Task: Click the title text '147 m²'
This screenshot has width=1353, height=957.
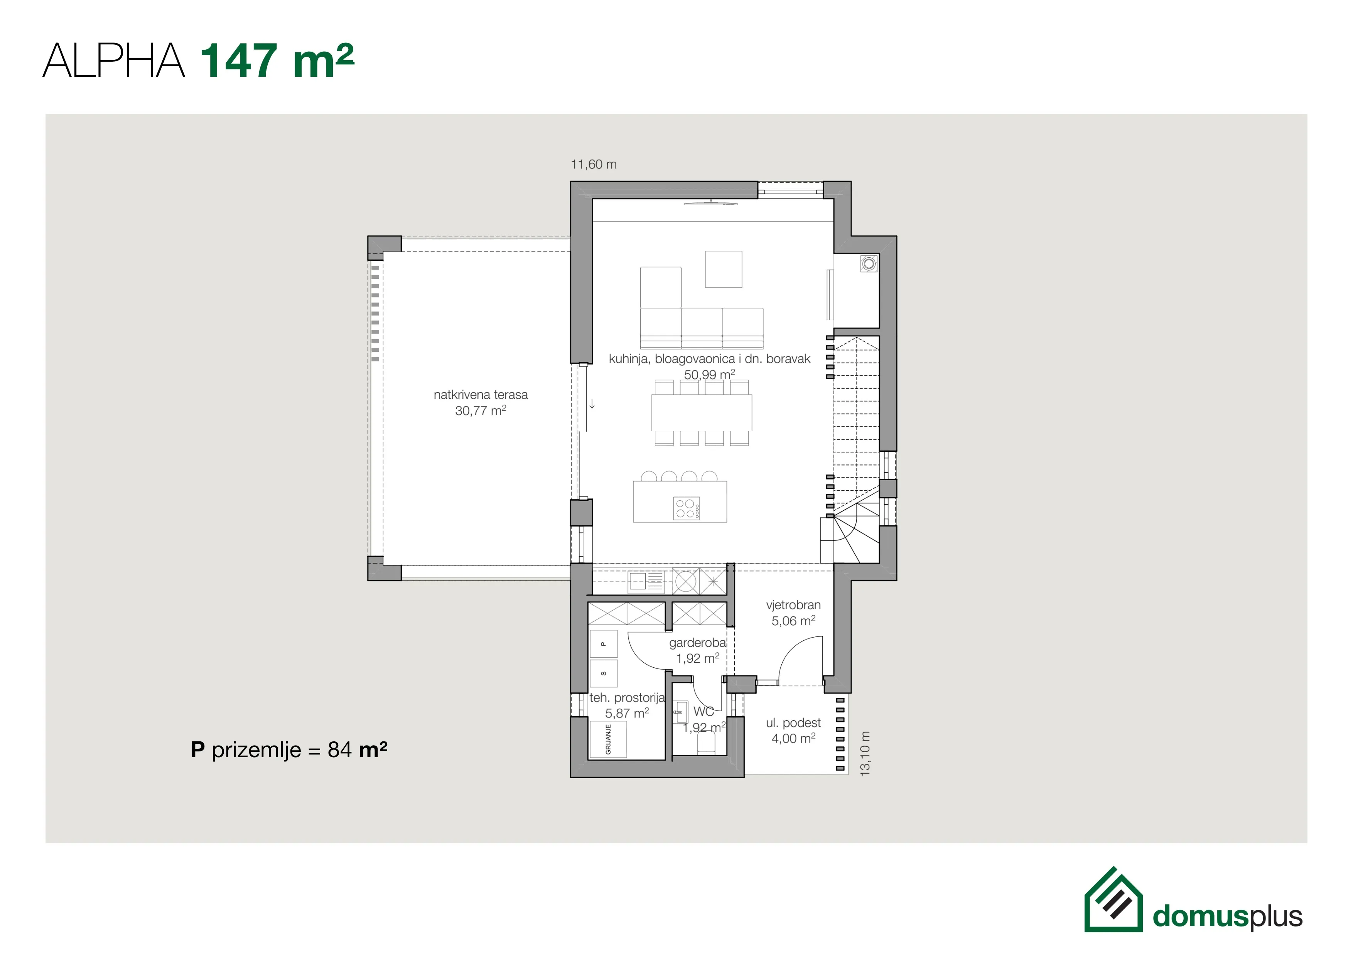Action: pyautogui.click(x=277, y=61)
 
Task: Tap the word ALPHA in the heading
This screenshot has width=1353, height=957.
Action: pyautogui.click(x=114, y=61)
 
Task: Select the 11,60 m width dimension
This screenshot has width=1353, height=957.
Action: pyautogui.click(x=594, y=164)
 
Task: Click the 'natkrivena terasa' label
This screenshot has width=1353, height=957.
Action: pyautogui.click(x=480, y=395)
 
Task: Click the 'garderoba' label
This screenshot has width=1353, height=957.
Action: pyautogui.click(x=698, y=643)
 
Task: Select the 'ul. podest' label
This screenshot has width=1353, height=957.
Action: pyautogui.click(x=793, y=723)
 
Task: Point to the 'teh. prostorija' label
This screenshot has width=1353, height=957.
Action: pyautogui.click(x=627, y=698)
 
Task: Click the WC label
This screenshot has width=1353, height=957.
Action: pyautogui.click(x=703, y=712)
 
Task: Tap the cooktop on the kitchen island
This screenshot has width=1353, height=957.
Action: pyautogui.click(x=687, y=508)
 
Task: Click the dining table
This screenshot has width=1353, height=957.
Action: pyautogui.click(x=701, y=412)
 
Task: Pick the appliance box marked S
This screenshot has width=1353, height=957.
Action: pyautogui.click(x=604, y=673)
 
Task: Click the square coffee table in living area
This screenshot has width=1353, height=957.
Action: pyautogui.click(x=724, y=269)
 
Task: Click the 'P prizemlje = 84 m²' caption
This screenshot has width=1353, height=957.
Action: pyautogui.click(x=289, y=749)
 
